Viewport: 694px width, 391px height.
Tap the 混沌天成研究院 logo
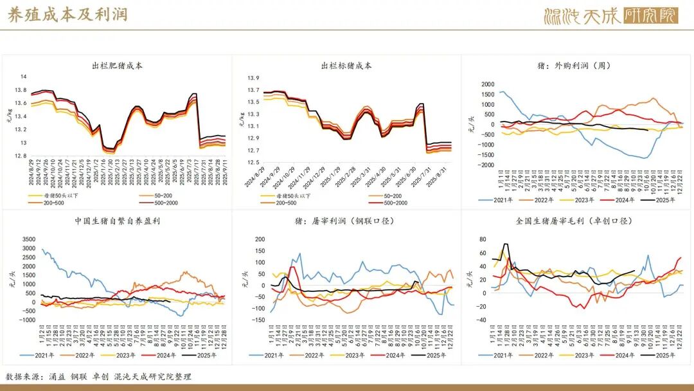(610, 16)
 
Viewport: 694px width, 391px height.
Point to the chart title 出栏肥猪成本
(117, 66)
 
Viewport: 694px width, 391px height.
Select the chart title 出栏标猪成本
(346, 66)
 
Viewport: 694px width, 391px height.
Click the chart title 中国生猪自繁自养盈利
(116, 221)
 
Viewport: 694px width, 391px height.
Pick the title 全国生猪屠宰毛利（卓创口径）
(575, 221)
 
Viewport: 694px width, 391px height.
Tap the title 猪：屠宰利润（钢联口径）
(346, 221)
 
